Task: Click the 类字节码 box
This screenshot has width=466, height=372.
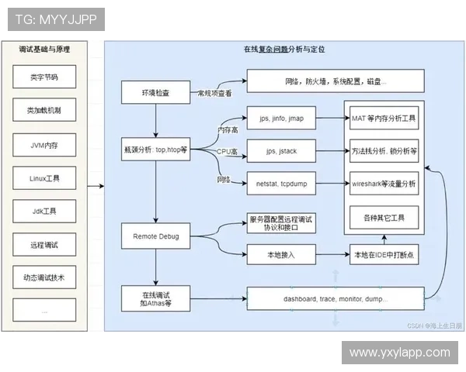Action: (x=44, y=77)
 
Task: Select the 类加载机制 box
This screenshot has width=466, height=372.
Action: (x=44, y=111)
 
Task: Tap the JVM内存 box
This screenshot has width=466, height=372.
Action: (x=44, y=144)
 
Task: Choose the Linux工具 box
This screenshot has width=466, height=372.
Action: (x=44, y=177)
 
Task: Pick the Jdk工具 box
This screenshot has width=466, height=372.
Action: (x=44, y=211)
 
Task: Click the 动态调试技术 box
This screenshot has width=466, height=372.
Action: (x=44, y=277)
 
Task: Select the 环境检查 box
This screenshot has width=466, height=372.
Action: (x=156, y=93)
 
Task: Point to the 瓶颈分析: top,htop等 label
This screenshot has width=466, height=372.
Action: (x=156, y=148)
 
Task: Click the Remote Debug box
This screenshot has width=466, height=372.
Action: (x=156, y=235)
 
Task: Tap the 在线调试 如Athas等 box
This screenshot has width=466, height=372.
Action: (x=156, y=298)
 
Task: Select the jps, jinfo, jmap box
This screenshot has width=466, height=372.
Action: (x=281, y=119)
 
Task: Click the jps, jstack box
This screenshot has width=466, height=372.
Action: (x=281, y=151)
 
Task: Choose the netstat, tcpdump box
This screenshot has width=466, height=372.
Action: (x=281, y=184)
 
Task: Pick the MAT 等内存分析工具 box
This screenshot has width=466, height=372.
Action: (x=384, y=119)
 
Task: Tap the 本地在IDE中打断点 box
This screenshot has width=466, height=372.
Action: (x=384, y=253)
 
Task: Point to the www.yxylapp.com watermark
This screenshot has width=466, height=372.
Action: (x=399, y=353)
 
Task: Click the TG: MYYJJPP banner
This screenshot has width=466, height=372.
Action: (x=54, y=19)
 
